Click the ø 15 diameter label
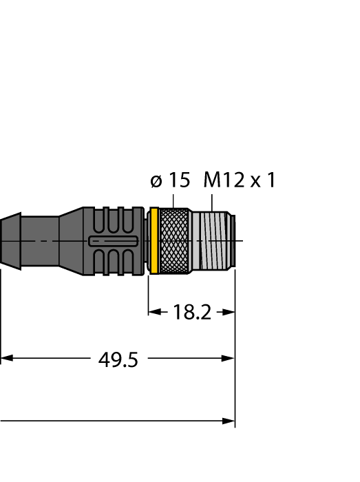pyautogui.click(x=169, y=181)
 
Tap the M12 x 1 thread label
pyautogui.click(x=239, y=181)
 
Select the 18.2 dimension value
pyautogui.click(x=191, y=312)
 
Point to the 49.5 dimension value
pyautogui.click(x=118, y=359)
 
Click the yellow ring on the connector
pyautogui.click(x=155, y=241)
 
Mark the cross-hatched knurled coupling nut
pyautogui.click(x=174, y=241)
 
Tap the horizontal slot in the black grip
pyautogui.click(x=114, y=241)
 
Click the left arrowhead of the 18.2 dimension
pyautogui.click(x=153, y=312)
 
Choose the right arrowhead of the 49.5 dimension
pyautogui.click(x=229, y=359)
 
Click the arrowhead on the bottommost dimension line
pyautogui.click(x=229, y=421)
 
